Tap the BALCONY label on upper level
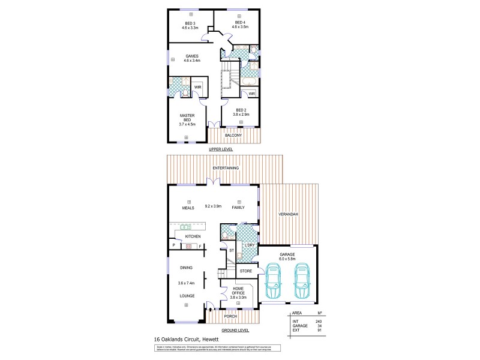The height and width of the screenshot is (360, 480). pyautogui.click(x=234, y=136)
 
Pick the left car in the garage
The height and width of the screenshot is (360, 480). pyautogui.click(x=272, y=283)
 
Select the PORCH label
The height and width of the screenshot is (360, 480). pyautogui.click(x=230, y=316)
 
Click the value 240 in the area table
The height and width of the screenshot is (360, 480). pyautogui.click(x=319, y=321)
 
